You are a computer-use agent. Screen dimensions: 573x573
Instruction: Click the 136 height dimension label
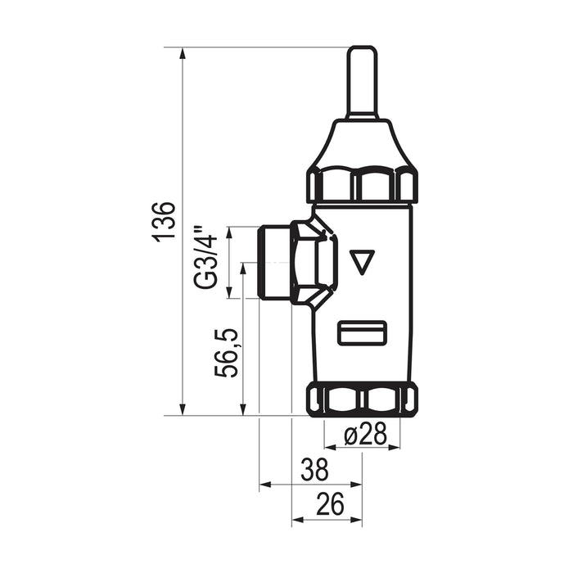[x=164, y=221]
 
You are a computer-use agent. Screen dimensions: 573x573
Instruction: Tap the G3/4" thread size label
[x=206, y=258]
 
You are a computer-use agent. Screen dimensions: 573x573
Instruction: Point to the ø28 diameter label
[x=365, y=434]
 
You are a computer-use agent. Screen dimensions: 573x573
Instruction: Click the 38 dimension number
[x=314, y=470]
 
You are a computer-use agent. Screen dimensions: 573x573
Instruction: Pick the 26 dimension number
[x=331, y=504]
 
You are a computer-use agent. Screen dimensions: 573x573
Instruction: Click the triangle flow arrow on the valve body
[x=362, y=262]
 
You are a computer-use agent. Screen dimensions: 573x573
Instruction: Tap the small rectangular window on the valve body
[x=362, y=332]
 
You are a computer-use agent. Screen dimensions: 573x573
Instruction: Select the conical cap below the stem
[x=362, y=144]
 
